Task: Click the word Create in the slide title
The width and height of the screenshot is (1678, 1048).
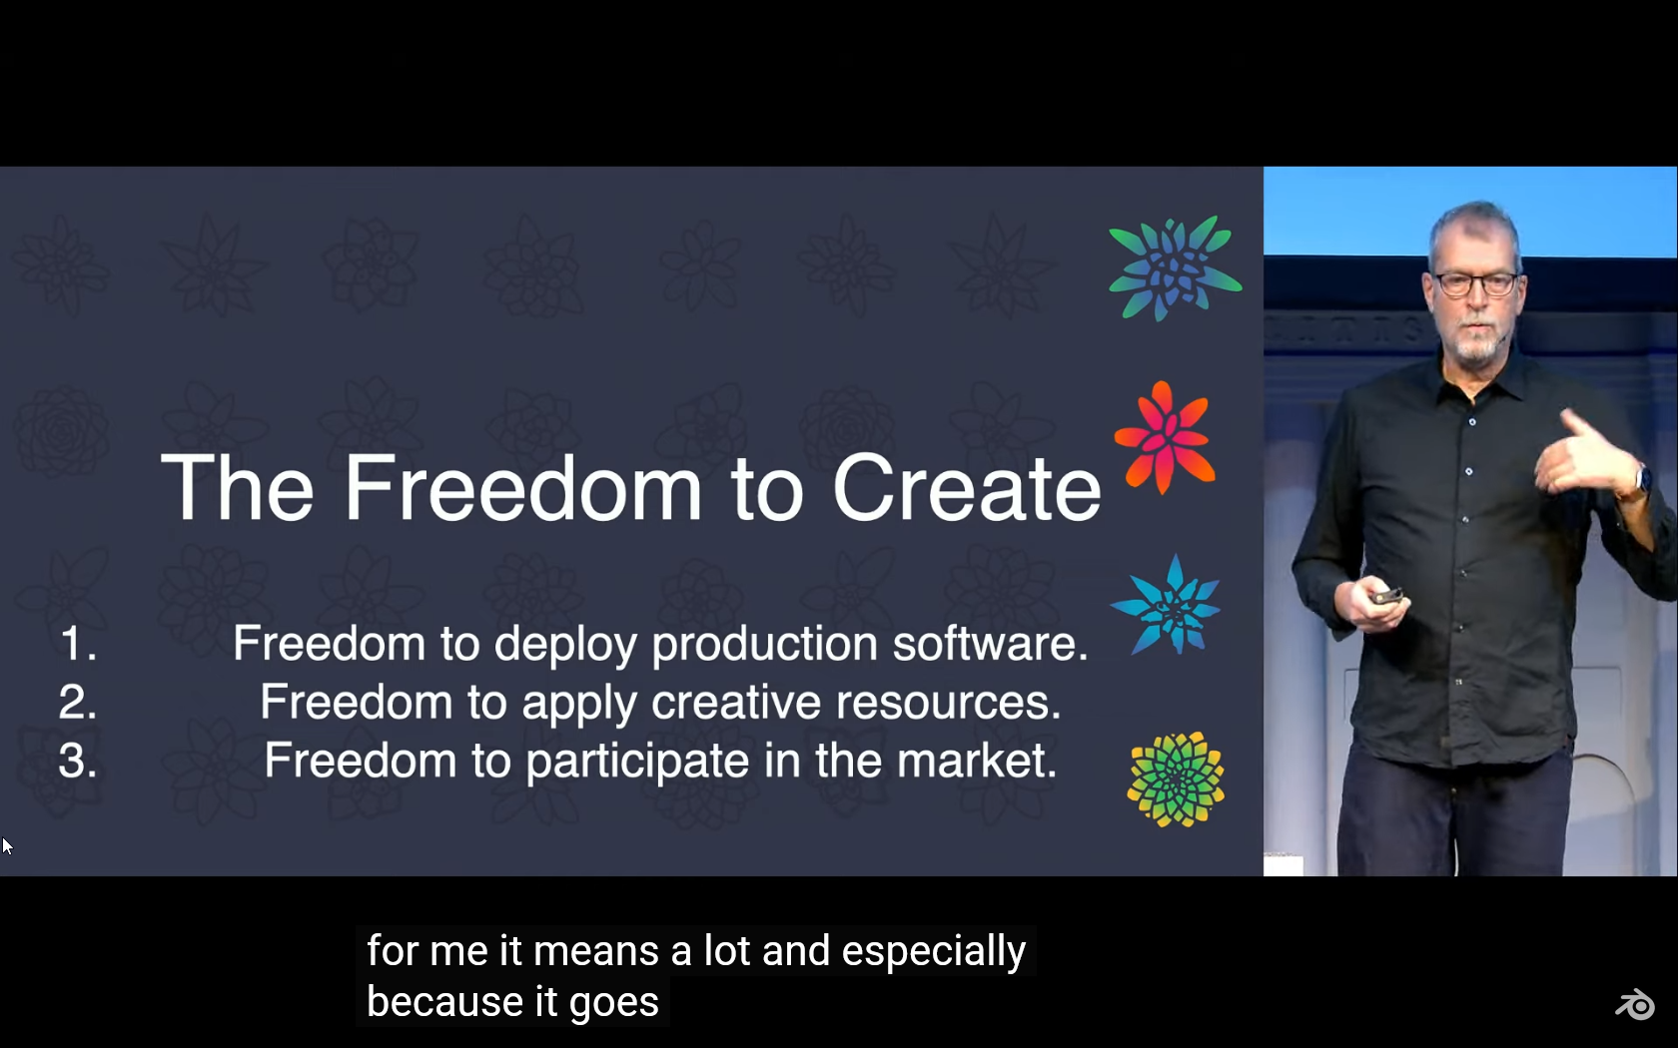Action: [x=967, y=488]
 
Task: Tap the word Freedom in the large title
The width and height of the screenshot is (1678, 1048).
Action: [x=522, y=487]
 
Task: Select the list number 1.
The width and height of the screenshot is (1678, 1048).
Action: [x=79, y=643]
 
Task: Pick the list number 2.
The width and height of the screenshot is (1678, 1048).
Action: [x=78, y=702]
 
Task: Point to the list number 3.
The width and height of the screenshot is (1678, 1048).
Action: [x=78, y=760]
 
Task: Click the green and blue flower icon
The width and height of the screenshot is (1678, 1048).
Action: [x=1176, y=267]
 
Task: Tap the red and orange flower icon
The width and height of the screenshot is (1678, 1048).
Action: [x=1165, y=437]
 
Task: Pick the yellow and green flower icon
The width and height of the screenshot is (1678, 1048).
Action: [x=1176, y=780]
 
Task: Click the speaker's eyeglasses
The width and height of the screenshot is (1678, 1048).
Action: [x=1475, y=283]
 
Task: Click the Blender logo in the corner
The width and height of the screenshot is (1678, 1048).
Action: [x=1634, y=1004]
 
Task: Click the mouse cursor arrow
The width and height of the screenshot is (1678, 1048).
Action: [x=7, y=846]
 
